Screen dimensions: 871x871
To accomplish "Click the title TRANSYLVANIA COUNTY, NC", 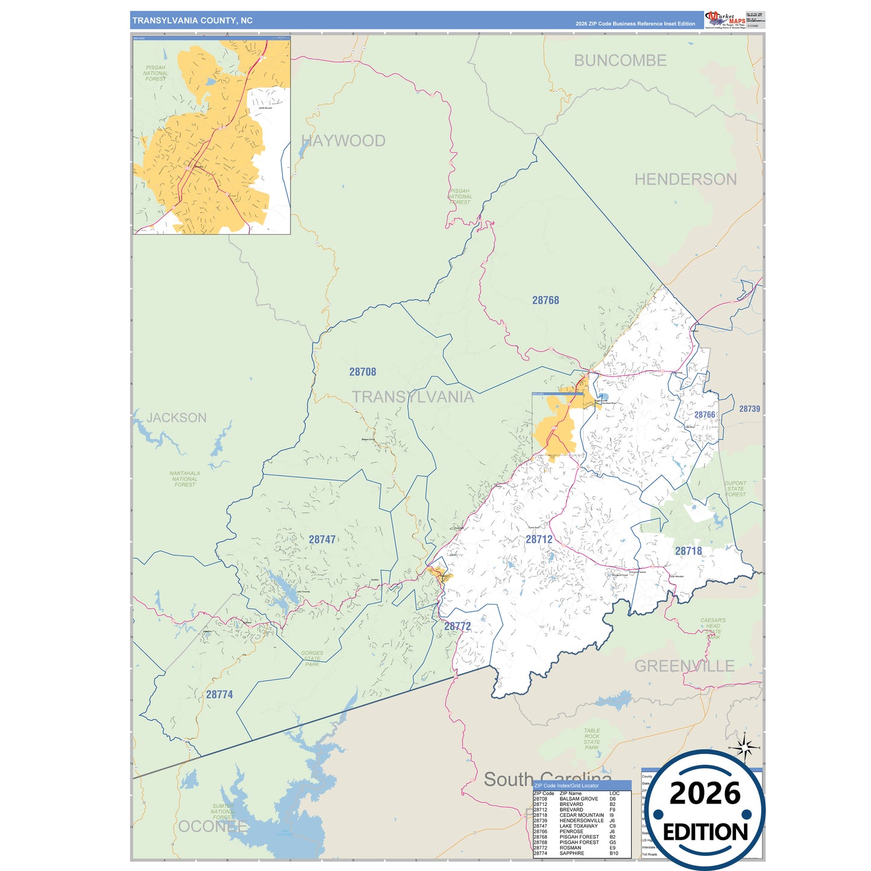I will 192,20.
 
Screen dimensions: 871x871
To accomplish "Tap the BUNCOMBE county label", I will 620,60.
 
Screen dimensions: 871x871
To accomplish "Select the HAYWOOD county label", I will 343,141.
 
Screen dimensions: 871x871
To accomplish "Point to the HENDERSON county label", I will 685,179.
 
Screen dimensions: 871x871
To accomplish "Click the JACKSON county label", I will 177,418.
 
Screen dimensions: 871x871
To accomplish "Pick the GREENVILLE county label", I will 684,666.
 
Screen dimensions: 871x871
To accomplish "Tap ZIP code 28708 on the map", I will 362,372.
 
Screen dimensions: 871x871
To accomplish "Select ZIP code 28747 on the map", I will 322,539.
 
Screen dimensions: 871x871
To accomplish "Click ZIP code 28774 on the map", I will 219,694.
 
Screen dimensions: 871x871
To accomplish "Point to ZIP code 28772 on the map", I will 458,626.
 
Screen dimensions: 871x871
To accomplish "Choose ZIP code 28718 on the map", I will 688,551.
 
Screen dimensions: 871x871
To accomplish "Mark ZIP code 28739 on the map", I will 749,409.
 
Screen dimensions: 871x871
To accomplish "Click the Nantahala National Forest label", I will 184,479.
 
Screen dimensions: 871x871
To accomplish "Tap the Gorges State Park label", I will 312,658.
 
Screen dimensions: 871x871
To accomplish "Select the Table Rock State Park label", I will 592,739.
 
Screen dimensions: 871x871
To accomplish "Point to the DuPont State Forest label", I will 735,489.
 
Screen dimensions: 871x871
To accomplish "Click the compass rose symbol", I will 746,748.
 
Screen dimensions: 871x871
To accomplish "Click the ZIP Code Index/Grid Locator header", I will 567,785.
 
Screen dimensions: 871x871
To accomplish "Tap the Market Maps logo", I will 726,20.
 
